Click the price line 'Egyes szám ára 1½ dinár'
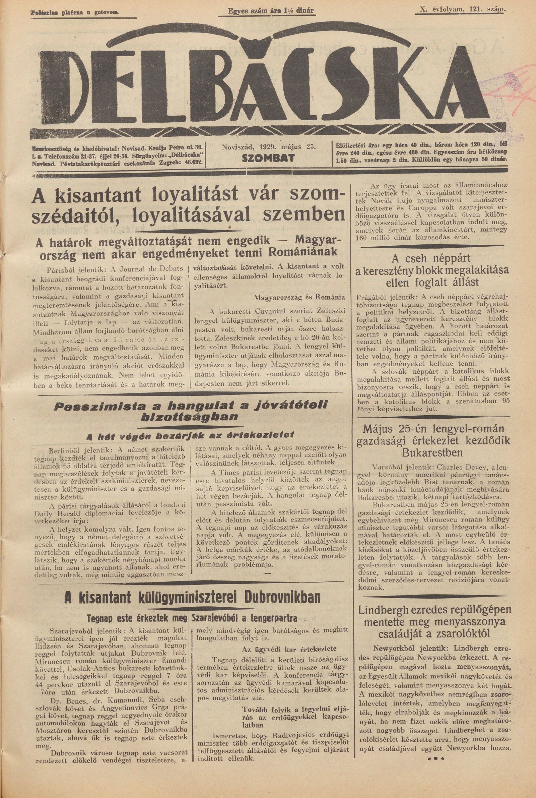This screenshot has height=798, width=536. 270,11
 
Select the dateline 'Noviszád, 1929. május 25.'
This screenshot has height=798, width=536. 268,147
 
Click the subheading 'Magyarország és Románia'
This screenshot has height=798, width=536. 299,297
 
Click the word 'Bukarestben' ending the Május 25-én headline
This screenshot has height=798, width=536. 433,453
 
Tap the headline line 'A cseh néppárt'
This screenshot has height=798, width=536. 432,257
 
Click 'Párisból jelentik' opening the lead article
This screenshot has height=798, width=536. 69,268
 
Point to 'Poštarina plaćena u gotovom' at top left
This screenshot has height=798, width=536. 74,13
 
